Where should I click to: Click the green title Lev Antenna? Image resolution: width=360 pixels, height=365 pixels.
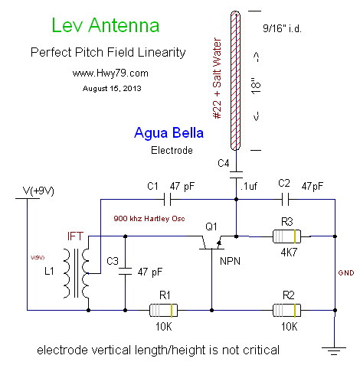(106, 25)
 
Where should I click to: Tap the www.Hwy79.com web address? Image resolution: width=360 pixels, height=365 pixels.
(110, 73)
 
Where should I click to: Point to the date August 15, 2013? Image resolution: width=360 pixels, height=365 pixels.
(112, 89)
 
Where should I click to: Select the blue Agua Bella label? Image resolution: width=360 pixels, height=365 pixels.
(169, 133)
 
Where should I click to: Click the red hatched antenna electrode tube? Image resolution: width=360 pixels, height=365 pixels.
(235, 80)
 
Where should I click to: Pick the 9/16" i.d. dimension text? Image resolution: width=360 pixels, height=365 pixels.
(282, 28)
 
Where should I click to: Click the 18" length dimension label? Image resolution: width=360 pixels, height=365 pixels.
(257, 86)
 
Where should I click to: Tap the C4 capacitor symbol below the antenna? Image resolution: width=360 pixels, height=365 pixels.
(236, 175)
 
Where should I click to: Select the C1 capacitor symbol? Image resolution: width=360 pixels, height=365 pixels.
(167, 199)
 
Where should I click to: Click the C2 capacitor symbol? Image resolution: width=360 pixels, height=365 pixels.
(286, 199)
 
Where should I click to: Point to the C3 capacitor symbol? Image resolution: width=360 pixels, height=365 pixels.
(125, 271)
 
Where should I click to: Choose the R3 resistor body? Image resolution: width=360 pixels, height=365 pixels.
(286, 236)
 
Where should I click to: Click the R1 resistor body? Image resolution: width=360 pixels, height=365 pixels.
(163, 310)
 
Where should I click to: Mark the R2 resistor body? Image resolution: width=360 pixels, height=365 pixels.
(286, 310)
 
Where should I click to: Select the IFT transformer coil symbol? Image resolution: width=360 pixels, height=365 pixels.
(76, 273)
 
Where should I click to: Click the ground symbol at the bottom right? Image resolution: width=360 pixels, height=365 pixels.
(334, 351)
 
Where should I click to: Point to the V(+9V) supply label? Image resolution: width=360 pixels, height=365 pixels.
(38, 191)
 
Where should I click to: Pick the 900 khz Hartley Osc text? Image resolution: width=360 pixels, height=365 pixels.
(149, 219)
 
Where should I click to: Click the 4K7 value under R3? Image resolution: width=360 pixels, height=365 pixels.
(289, 253)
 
